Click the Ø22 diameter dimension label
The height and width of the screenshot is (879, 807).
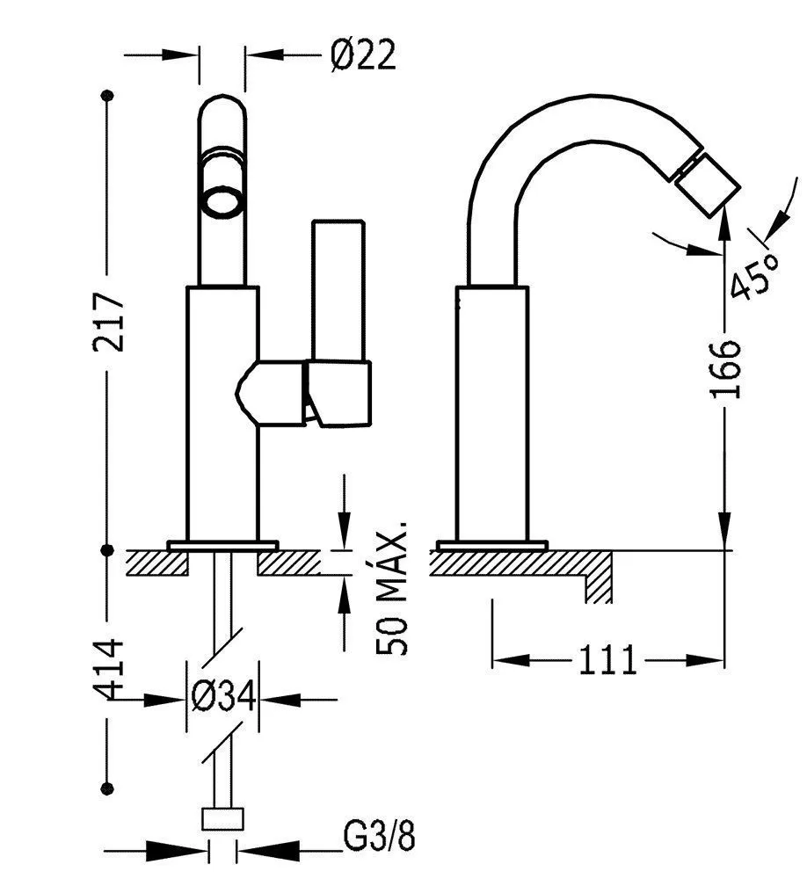[x=363, y=57]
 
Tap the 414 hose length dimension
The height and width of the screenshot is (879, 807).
[x=111, y=670]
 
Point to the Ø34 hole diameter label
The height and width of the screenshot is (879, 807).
[x=222, y=698]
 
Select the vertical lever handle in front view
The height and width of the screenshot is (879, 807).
[x=337, y=290]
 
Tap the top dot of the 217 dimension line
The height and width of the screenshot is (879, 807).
[x=108, y=95]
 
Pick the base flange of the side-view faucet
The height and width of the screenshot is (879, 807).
[x=492, y=544]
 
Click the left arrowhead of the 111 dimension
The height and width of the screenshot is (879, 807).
[x=505, y=659]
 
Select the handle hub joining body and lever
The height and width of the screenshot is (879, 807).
[x=273, y=391]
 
